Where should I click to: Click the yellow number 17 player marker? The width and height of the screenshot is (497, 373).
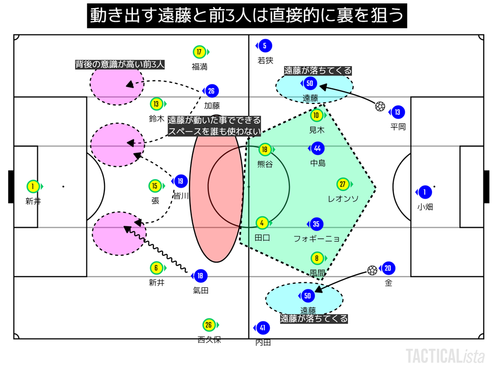click(199, 52)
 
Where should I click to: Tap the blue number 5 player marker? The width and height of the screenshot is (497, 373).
click(265, 46)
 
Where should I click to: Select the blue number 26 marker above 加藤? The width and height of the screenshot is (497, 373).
click(211, 91)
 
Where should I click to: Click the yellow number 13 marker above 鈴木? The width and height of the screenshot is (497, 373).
click(156, 104)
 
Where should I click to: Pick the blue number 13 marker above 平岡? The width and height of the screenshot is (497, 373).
click(398, 112)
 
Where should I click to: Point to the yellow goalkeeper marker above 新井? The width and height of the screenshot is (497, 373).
click(33, 186)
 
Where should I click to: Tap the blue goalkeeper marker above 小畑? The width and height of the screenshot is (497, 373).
click(425, 192)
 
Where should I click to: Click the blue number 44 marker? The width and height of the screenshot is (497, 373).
click(317, 149)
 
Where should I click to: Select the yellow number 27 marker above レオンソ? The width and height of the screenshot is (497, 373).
click(343, 185)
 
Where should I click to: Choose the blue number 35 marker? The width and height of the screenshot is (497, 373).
click(316, 224)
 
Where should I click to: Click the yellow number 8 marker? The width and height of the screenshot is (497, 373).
click(317, 259)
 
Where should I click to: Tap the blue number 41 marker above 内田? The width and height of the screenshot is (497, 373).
click(263, 328)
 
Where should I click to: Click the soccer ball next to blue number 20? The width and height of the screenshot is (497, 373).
click(372, 270)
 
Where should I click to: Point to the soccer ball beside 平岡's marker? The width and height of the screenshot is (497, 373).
click(380, 106)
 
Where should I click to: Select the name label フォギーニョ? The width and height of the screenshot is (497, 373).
click(316, 238)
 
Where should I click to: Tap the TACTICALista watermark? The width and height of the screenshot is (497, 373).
click(445, 356)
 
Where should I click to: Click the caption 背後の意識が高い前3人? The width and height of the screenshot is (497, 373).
click(120, 64)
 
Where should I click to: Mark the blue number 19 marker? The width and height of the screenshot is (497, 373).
click(180, 182)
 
